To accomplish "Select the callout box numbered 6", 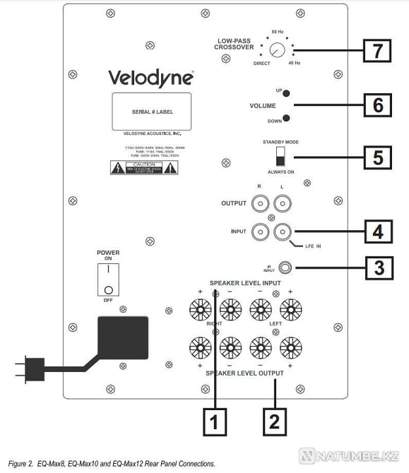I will click(x=377, y=104).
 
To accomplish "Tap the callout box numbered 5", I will click(x=377, y=156).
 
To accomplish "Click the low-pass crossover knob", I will click(x=277, y=50).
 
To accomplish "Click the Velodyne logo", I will click(x=150, y=77).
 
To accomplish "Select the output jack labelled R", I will click(x=263, y=204).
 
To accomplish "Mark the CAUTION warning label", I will click(x=144, y=168).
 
